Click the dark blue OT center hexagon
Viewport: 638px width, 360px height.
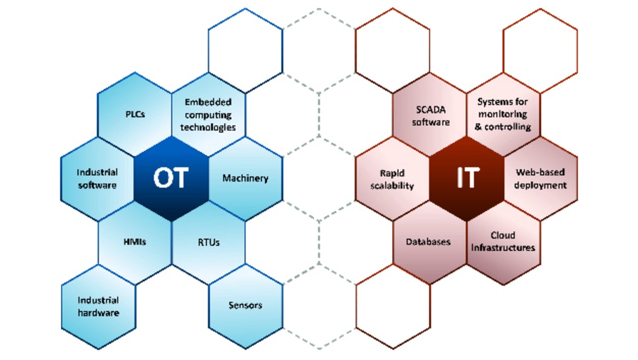(x=171, y=179)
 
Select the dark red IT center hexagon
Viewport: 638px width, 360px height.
(x=467, y=179)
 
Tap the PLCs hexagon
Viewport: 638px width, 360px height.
(x=135, y=114)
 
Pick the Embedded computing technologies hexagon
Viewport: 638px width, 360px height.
(x=208, y=114)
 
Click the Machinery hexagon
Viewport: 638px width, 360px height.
(x=245, y=179)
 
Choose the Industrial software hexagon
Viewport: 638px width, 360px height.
(x=97, y=179)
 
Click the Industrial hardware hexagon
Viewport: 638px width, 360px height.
(x=98, y=307)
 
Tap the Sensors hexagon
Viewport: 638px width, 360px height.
(x=245, y=305)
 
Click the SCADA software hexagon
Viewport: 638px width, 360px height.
(x=430, y=114)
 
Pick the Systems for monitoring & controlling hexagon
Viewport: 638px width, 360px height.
(x=503, y=114)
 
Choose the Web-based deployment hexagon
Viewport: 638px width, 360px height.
(x=541, y=179)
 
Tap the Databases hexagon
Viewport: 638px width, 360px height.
(x=429, y=242)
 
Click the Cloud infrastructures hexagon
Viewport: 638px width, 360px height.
(x=503, y=242)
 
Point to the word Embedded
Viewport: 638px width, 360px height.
(x=208, y=102)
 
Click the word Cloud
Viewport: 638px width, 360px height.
(x=503, y=235)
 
